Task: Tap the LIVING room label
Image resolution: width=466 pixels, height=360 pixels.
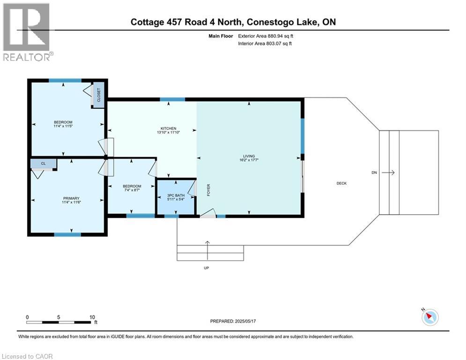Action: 249,157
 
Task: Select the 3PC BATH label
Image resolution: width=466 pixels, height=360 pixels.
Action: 176,195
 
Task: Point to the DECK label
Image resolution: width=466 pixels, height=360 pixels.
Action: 341,183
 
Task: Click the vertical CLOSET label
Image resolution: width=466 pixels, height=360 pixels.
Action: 98,96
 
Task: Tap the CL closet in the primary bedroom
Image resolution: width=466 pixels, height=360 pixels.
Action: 43,164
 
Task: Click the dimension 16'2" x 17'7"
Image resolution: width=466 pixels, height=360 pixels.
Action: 249,161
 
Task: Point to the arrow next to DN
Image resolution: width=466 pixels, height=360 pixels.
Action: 388,173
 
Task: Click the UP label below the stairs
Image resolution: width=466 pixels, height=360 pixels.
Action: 206,268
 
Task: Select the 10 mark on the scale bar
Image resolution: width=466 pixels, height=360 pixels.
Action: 92,317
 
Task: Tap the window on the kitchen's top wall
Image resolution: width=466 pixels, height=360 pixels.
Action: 172,99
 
